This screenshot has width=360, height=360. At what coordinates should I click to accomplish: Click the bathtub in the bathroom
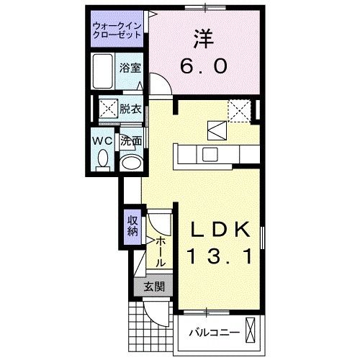click(x=104, y=71)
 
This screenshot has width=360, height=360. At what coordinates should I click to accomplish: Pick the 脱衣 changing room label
click(x=130, y=109)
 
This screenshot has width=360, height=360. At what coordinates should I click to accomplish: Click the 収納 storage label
click(x=132, y=225)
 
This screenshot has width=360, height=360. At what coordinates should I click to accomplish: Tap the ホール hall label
click(x=160, y=250)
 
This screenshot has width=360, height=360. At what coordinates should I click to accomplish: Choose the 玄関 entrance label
click(x=153, y=287)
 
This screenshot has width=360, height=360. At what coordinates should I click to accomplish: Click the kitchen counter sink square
click(x=210, y=153)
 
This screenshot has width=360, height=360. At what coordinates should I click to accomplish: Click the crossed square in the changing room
click(x=108, y=109)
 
